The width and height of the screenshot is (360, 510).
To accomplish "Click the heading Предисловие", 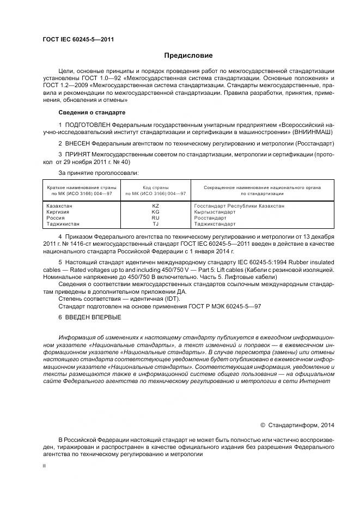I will pos(188,56).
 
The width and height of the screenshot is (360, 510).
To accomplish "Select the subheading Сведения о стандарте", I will pos(91,112).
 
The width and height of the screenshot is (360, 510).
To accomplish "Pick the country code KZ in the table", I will pos(155,206).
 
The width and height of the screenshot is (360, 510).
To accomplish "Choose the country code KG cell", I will pos(155,212).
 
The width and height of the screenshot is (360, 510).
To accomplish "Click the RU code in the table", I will pos(155,218).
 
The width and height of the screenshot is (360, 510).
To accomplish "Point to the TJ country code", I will pos(155,224).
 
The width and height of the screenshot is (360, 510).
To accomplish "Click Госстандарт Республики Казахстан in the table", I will pos(239,206).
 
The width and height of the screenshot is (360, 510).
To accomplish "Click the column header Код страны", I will pos(156,187).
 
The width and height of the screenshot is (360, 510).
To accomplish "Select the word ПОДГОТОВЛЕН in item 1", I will pos(87,125).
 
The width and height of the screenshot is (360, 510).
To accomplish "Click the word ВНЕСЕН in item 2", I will pos(77,143).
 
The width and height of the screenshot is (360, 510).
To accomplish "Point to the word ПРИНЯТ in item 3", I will pos(77,155).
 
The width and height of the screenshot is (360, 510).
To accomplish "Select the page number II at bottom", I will pos(44,466).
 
